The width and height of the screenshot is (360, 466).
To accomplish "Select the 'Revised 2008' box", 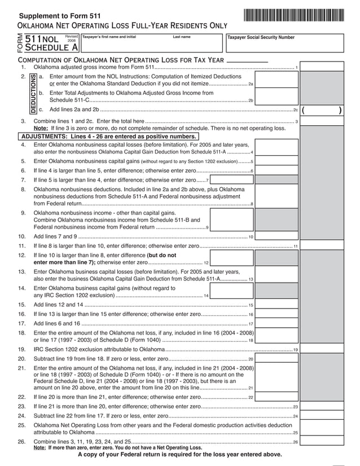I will [x=72, y=39].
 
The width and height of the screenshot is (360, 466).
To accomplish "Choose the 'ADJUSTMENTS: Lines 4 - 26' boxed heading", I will [x=108, y=137].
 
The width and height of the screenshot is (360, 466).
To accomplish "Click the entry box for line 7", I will [x=231, y=180].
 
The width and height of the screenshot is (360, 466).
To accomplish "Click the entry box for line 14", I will [x=231, y=291].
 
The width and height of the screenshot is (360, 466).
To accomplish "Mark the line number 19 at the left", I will [x=22, y=350].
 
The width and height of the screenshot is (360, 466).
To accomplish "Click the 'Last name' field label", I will [x=182, y=37].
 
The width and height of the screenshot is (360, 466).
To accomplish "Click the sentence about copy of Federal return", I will [x=179, y=455].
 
